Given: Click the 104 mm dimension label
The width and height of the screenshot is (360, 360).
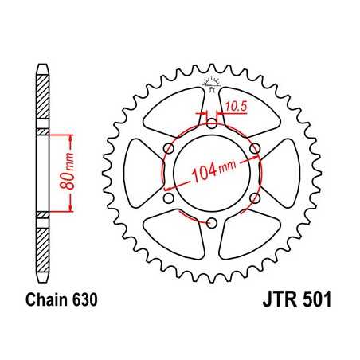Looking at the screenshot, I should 213,169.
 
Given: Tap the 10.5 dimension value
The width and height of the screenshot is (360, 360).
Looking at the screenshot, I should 235,104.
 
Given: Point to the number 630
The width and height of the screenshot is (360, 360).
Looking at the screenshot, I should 84,302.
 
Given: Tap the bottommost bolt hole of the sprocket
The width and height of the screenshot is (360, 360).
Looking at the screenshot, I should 213,222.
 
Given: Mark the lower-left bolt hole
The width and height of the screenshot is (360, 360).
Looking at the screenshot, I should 170,198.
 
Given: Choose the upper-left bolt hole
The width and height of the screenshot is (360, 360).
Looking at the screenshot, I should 170,148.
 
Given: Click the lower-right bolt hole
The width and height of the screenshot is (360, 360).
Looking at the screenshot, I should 255,198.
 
